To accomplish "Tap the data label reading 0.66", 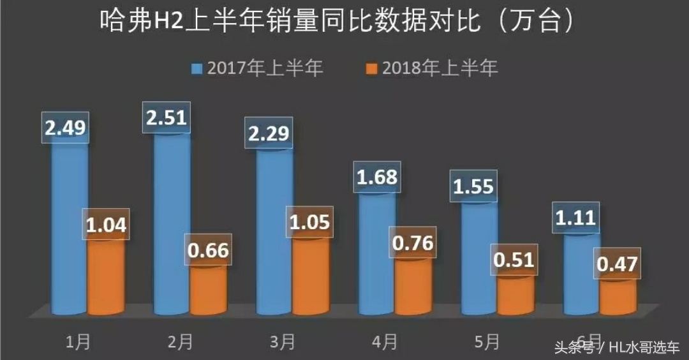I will tap(209, 250).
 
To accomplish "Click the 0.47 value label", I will tap(616, 264).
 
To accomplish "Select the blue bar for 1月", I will tap(69, 230).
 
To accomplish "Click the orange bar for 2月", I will tap(209, 290).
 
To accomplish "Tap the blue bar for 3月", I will tap(274, 236).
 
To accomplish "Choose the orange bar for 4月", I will tap(413, 287).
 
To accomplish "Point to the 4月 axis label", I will tap(384, 343).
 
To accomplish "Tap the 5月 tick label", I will tap(487, 343).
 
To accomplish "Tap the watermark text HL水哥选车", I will tap(644, 348).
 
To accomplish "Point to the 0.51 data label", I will tap(514, 260).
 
